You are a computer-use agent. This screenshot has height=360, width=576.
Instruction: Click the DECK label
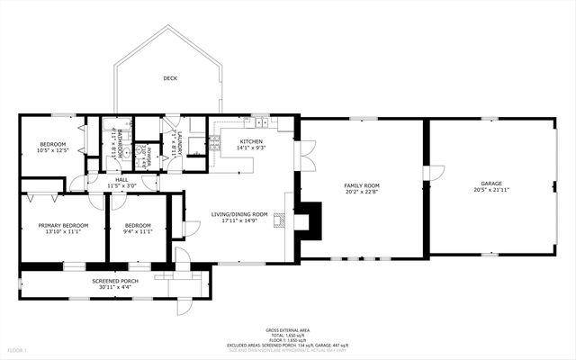tap(170, 78)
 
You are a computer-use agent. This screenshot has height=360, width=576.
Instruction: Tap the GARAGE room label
tap(491, 183)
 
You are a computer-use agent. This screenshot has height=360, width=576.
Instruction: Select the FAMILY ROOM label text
tap(361, 184)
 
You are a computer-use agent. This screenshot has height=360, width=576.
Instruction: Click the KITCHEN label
tap(251, 142)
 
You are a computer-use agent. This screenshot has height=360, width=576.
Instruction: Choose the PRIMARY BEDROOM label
tap(63, 225)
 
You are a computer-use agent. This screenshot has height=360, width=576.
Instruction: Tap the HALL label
tap(121, 179)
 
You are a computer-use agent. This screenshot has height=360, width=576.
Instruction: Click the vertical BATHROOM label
tap(120, 144)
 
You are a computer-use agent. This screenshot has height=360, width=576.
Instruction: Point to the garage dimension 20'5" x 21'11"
tap(491, 190)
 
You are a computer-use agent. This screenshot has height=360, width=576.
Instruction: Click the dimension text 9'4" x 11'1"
tap(138, 231)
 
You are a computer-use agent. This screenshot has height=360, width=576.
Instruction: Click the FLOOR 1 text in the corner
tap(17, 349)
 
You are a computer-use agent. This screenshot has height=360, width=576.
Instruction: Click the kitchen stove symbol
tap(214, 141)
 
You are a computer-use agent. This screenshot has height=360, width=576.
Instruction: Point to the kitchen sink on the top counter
tap(259, 122)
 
